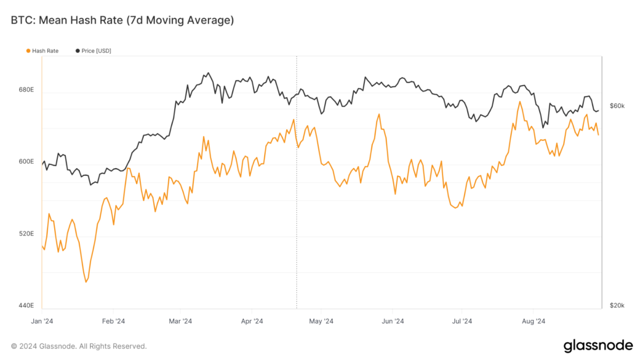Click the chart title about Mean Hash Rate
[123, 20]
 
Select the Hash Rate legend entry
[42, 51]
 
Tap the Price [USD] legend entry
[93, 51]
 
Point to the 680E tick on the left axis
[26, 90]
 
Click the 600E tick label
[26, 162]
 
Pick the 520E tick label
[26, 234]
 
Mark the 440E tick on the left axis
[26, 305]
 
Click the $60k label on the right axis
[617, 106]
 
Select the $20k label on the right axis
[617, 305]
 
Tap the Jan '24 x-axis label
[42, 321]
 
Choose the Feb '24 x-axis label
[114, 321]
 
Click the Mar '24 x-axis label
[180, 321]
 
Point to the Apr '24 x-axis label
[252, 321]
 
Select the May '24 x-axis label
[321, 321]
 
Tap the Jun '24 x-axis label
[393, 321]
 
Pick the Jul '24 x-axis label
[462, 321]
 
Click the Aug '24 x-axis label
[533, 321]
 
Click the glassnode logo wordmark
[598, 346]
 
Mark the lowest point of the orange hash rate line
[86, 282]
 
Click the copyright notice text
[79, 346]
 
